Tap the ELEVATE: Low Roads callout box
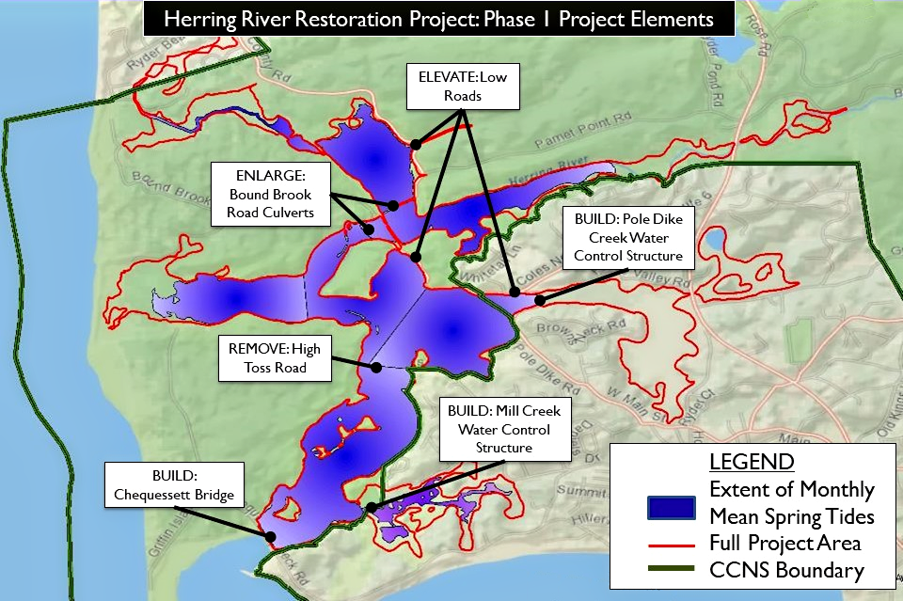[462, 87]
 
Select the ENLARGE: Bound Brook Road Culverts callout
[271, 193]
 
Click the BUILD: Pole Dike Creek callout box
[627, 236]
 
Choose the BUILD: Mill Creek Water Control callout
[504, 429]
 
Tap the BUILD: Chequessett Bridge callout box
[175, 485]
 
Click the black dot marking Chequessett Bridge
[271, 537]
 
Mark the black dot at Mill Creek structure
[372, 508]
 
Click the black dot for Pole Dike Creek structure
[541, 300]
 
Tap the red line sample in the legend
[672, 544]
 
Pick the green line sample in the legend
[672, 570]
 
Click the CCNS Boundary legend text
[786, 570]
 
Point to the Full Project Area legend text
[785, 543]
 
